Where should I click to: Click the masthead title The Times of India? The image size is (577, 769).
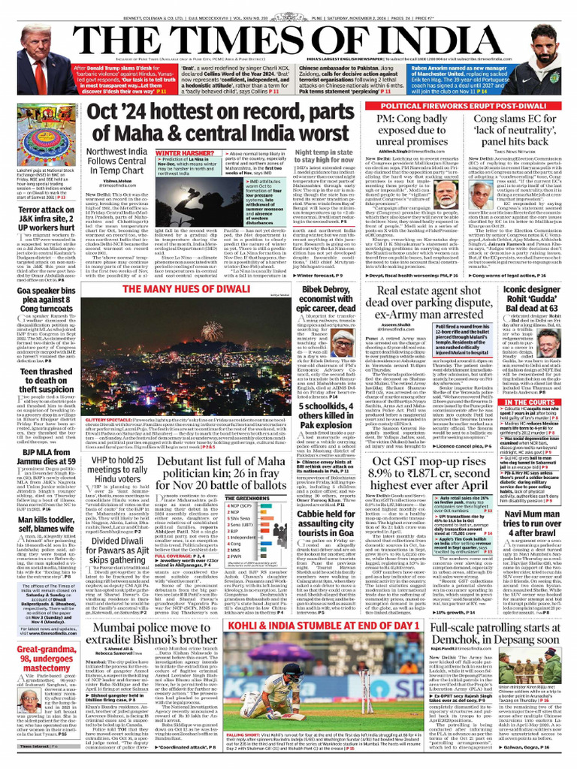[x=288, y=34]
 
